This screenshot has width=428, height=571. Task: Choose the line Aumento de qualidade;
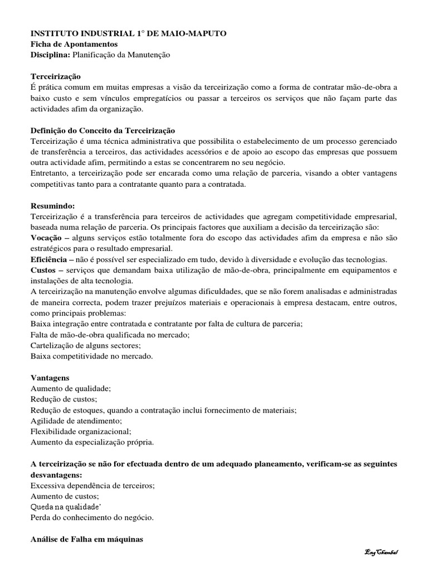(71, 389)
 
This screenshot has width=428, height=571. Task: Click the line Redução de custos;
(64, 399)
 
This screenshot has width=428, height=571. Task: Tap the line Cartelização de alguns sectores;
(85, 345)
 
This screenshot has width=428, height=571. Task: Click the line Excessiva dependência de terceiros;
(93, 486)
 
